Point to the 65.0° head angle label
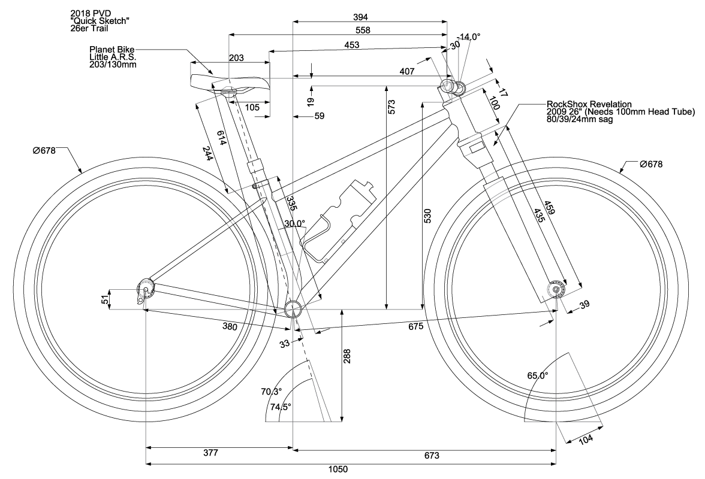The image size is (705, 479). pos(538,377)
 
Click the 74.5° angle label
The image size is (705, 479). pos(279,407)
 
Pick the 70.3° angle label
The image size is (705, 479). pos(272,392)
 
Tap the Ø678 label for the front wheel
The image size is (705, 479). pos(651,164)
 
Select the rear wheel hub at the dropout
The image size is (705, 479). pos(146,289)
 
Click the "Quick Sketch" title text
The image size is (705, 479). pos(101,20)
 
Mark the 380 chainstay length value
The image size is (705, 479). pos(230,327)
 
